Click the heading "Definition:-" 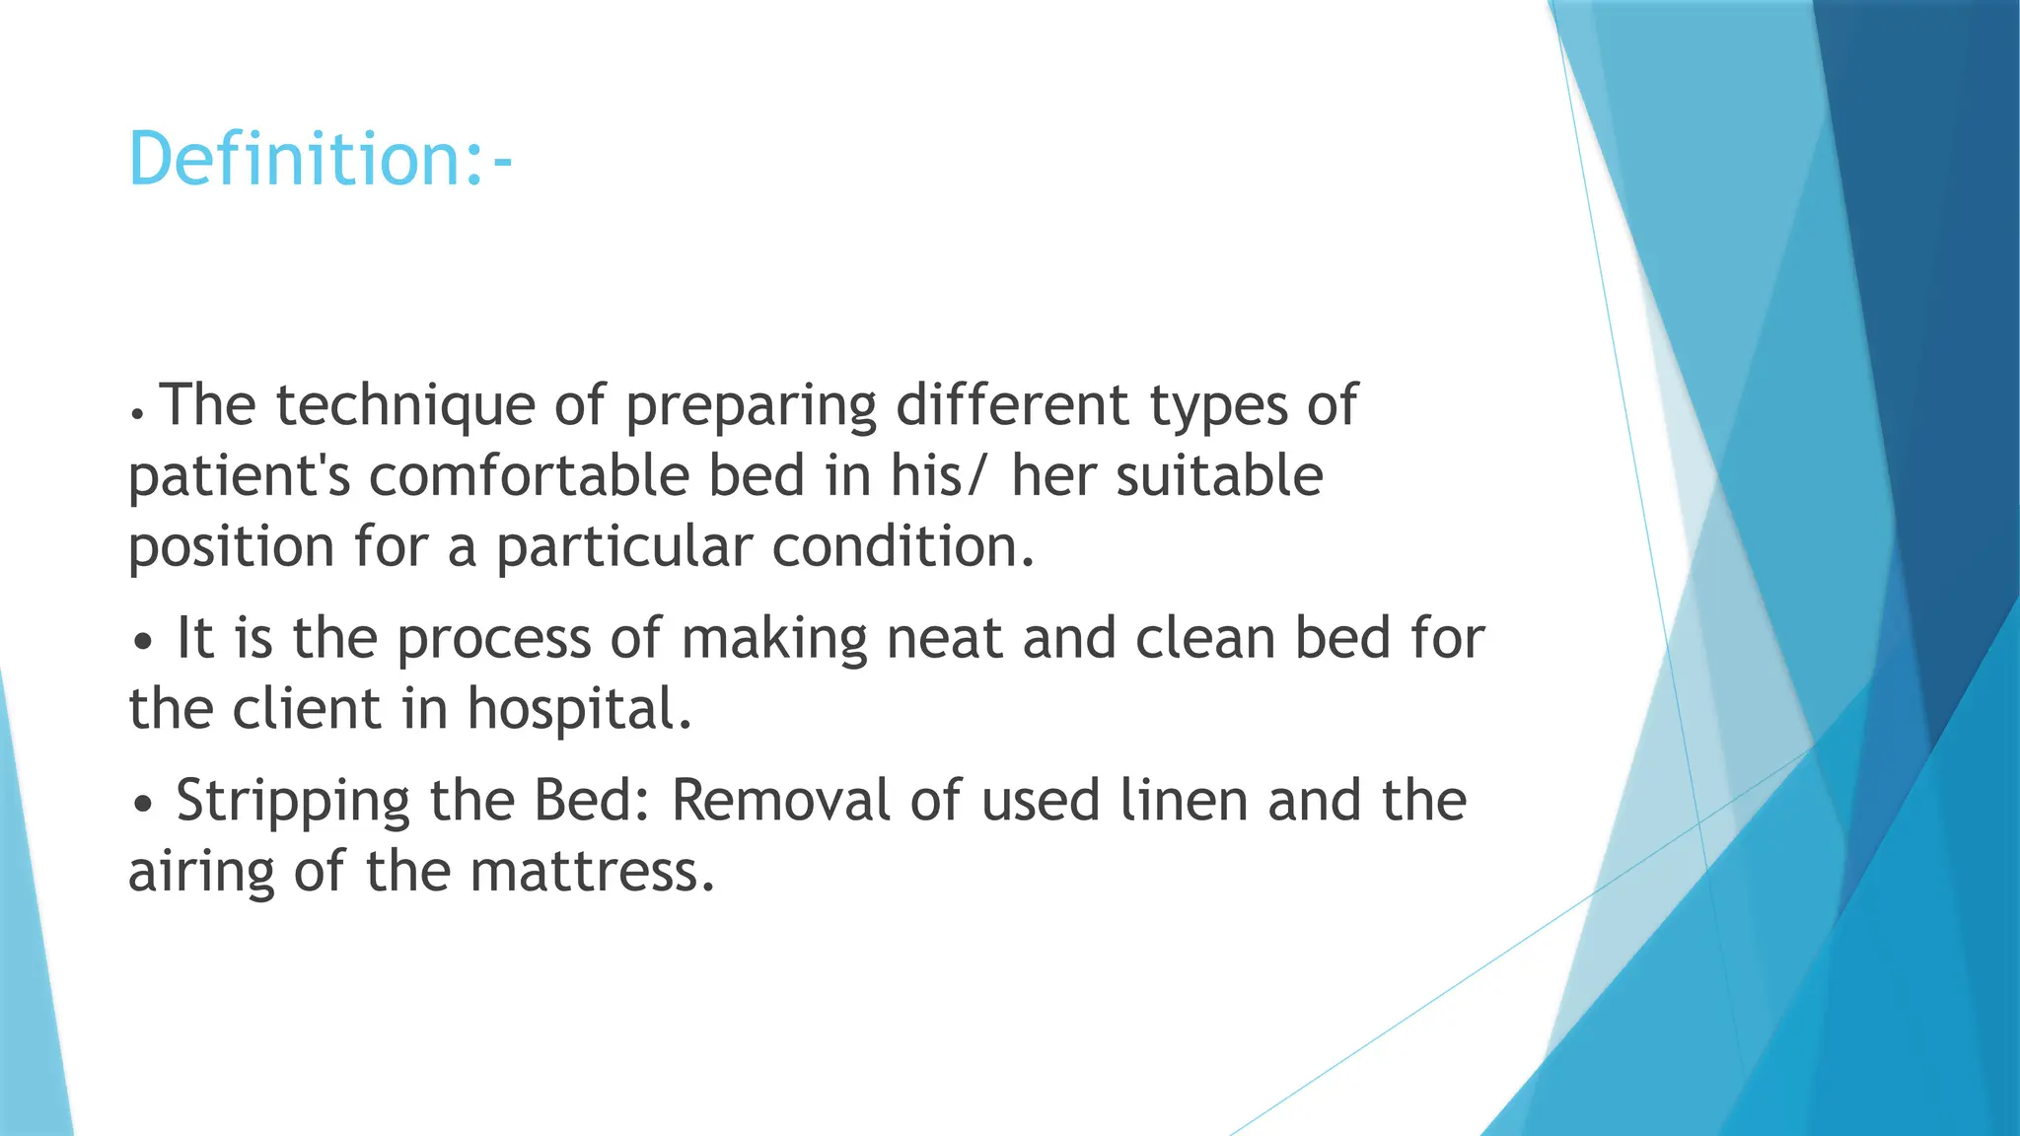click(x=321, y=159)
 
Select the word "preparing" click(x=751, y=407)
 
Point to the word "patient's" click(x=240, y=477)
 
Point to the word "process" click(x=493, y=639)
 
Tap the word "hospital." click(x=580, y=708)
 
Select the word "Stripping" click(x=293, y=801)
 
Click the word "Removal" click(x=781, y=800)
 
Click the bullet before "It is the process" click(x=144, y=642)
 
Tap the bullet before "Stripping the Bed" click(x=144, y=804)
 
